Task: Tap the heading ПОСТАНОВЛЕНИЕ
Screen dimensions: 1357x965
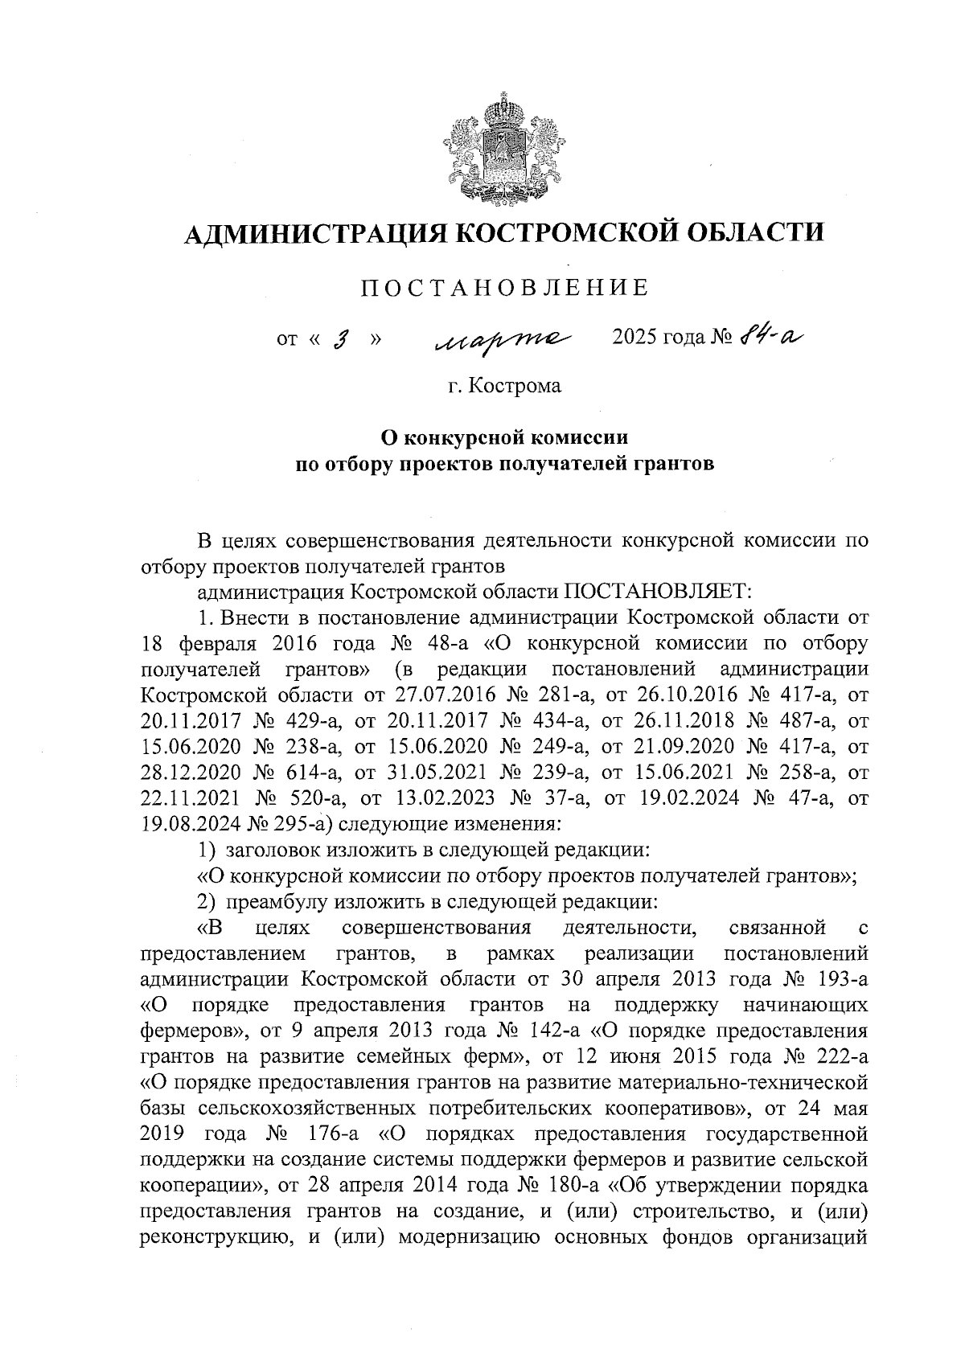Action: click(504, 288)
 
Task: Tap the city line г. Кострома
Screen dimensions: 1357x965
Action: click(504, 387)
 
